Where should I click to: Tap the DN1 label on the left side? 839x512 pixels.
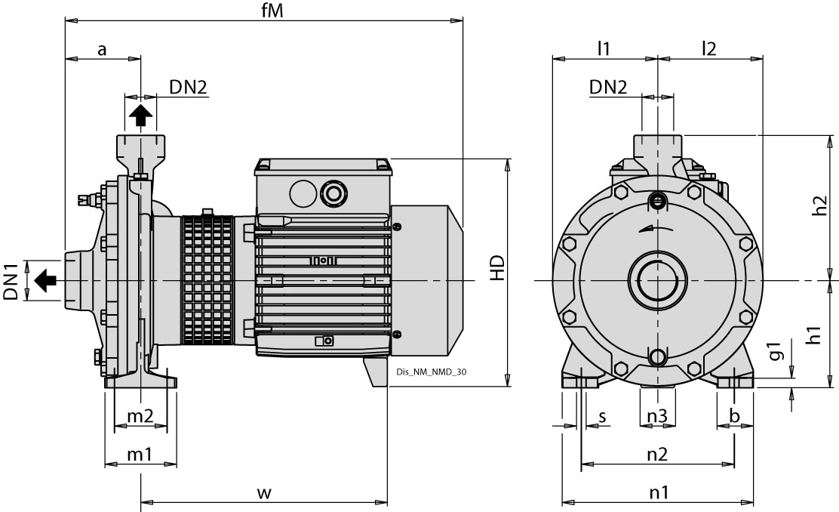point(11,282)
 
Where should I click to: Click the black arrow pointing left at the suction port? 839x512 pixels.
point(45,281)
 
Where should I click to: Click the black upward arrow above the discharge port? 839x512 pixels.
point(140,116)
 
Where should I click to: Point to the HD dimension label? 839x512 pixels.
point(496,269)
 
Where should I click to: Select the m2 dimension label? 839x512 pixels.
point(140,416)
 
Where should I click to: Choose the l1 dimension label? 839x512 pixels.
point(604,49)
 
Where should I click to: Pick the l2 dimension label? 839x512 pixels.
point(708,49)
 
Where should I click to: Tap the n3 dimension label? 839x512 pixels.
point(657,416)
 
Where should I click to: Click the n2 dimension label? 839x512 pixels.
point(657,454)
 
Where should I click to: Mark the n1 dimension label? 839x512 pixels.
point(659,492)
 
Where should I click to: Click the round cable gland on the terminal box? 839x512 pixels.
point(331,192)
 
